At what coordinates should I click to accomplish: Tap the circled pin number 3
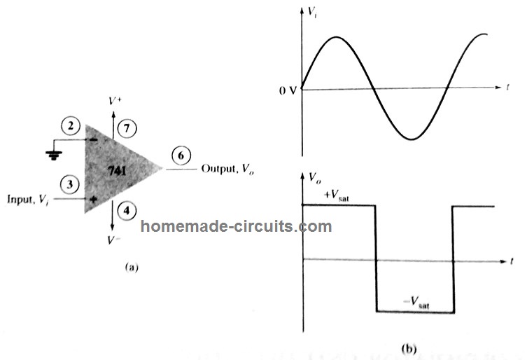point(69,184)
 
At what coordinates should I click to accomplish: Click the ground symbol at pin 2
point(50,153)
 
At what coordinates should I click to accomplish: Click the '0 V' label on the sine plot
point(287,89)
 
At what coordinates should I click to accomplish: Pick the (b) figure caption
point(409,347)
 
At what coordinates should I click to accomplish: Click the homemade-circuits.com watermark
point(237,226)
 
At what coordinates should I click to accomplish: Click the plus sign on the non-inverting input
point(91,199)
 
